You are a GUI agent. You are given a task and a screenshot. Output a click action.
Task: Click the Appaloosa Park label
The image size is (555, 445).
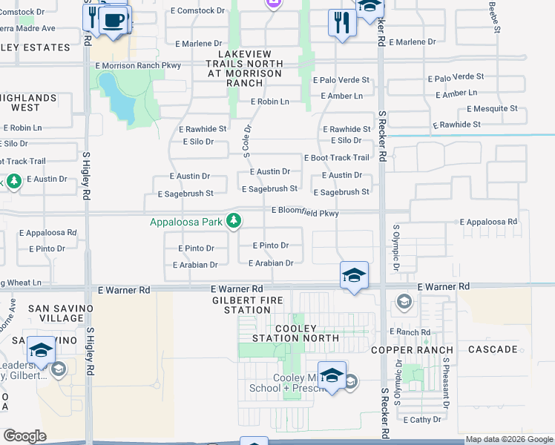pyautogui.click(x=186, y=222)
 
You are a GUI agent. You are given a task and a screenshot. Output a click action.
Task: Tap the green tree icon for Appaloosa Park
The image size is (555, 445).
pyautogui.click(x=234, y=220)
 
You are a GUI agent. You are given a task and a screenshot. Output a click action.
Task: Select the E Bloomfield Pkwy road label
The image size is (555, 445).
pyautogui.click(x=305, y=212)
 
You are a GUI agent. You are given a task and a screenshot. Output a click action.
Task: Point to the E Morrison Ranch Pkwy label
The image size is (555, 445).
pyautogui.click(x=138, y=66)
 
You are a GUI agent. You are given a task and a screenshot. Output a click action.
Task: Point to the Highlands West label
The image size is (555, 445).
pyautogui.click(x=27, y=102)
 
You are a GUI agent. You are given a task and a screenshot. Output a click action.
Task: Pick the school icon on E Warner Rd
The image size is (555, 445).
pyautogui.click(x=354, y=275)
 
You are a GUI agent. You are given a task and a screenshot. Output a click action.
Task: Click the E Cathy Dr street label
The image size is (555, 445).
pyautogui.click(x=423, y=420)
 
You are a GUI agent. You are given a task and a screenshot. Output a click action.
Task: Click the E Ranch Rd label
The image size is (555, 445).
pyautogui.click(x=413, y=332)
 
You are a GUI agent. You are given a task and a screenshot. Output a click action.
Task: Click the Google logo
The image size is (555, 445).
pyautogui.click(x=24, y=436)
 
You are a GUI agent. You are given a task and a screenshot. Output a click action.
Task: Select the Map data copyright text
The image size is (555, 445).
pyautogui.click(x=509, y=440)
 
